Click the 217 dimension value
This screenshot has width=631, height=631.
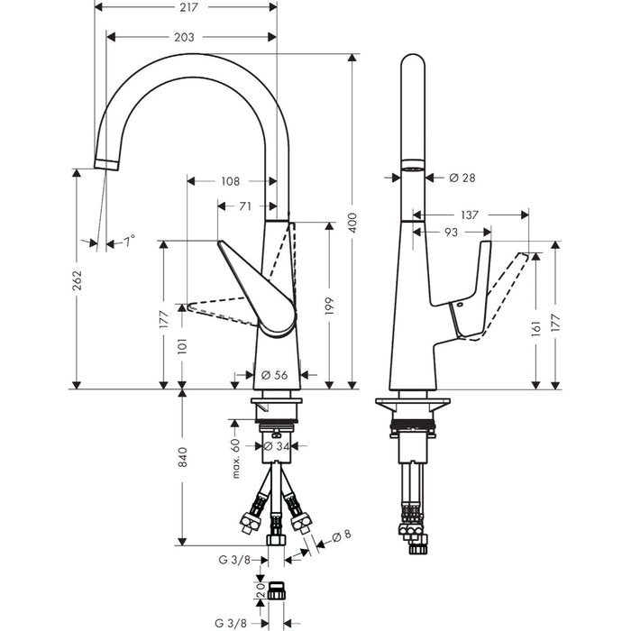188,7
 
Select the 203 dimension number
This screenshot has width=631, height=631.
184,37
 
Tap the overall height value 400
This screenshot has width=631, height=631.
352,223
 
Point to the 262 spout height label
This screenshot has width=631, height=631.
77,280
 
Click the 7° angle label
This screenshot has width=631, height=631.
129,242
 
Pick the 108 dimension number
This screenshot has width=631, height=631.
230,181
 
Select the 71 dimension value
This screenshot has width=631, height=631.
245,206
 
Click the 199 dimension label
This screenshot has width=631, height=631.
330,306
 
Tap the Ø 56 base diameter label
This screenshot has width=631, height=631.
274,375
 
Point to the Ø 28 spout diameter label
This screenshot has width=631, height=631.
462,178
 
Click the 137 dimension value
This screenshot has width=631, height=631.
470,215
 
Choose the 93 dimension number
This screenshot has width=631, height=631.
451,233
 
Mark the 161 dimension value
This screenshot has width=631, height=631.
536,328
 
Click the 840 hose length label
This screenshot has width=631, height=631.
183,456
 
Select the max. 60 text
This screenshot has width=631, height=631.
236,458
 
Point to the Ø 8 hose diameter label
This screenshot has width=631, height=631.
342,535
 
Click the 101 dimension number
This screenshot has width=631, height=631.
183,345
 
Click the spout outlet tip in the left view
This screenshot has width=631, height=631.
106,165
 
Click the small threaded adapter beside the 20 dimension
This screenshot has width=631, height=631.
277,590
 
